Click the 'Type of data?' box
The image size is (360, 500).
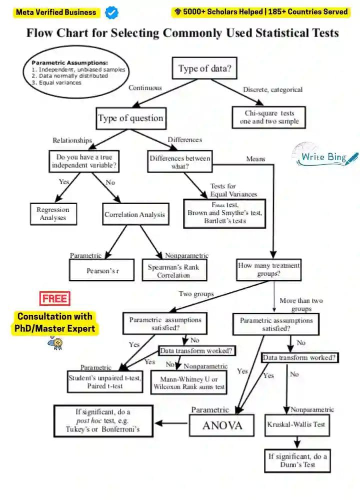(x=204, y=69)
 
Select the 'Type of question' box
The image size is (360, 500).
(x=130, y=119)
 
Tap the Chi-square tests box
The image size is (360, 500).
(x=268, y=117)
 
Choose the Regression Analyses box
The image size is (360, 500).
(x=53, y=214)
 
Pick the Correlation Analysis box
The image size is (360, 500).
(x=134, y=215)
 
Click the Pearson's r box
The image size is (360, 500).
(x=102, y=270)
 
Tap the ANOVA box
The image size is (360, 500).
(x=222, y=425)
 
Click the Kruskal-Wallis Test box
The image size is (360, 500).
(x=296, y=424)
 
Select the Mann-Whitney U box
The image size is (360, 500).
(x=189, y=383)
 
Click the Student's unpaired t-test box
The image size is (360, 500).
(x=104, y=382)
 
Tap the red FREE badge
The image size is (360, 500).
(x=54, y=299)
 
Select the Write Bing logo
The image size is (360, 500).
(x=325, y=156)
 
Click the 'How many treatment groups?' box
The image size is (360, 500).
(x=268, y=270)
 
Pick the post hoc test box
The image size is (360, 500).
(x=103, y=421)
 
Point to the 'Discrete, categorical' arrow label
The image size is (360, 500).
(x=273, y=90)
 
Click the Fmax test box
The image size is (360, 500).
(x=224, y=213)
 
